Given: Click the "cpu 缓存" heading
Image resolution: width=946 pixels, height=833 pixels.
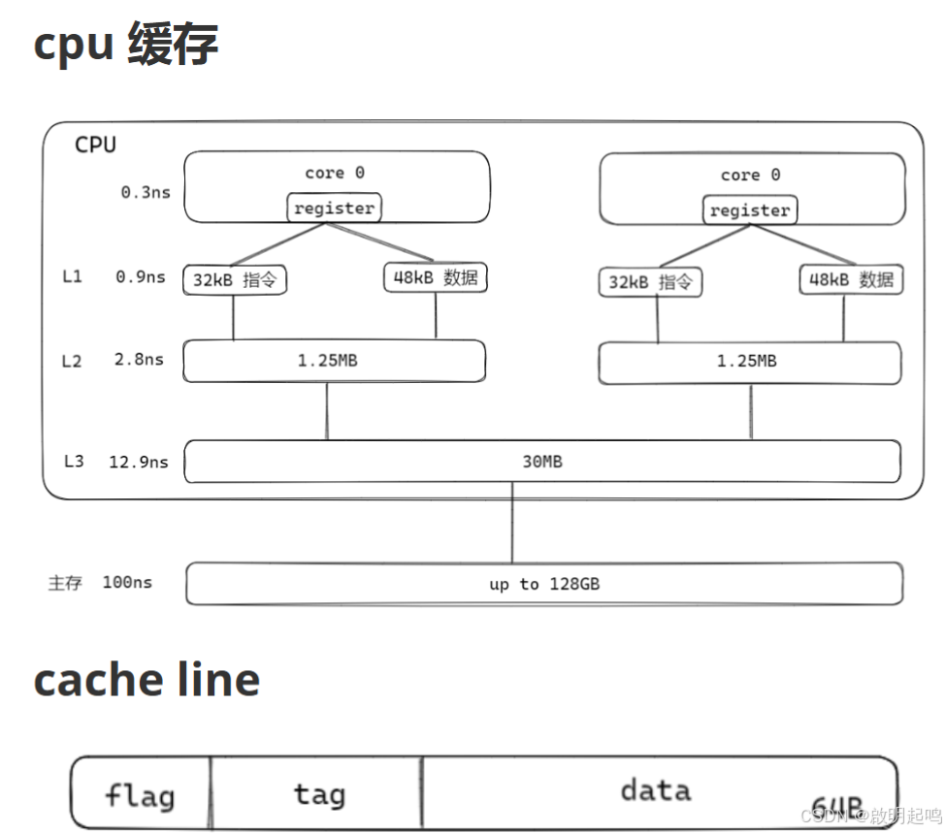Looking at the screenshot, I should [x=126, y=45].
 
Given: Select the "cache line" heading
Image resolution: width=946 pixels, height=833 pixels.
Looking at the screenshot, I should [x=147, y=680].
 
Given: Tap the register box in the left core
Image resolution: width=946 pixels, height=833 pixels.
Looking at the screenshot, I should [x=334, y=208].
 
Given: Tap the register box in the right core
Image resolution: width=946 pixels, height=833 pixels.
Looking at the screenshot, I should [x=749, y=209].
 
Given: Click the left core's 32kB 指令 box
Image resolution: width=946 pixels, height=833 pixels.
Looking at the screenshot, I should [x=236, y=280].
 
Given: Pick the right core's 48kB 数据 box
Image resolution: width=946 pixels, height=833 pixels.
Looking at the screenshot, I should [x=850, y=280].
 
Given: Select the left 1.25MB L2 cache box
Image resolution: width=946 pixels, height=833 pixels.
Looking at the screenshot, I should [x=334, y=361].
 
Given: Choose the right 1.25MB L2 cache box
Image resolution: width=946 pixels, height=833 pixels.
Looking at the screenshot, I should [x=749, y=362].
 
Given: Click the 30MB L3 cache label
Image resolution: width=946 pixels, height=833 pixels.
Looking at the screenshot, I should [x=541, y=462].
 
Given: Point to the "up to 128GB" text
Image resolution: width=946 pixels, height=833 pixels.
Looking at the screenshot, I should [x=543, y=584].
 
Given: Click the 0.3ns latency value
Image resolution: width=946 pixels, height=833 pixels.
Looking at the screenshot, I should [x=145, y=192].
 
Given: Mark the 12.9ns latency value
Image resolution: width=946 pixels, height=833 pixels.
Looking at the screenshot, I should [x=138, y=462].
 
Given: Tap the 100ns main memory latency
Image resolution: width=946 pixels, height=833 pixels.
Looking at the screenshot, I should [x=127, y=583].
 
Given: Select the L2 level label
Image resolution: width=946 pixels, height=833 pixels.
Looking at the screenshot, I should [x=72, y=361].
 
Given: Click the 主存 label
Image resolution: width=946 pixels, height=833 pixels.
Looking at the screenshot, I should [x=65, y=584].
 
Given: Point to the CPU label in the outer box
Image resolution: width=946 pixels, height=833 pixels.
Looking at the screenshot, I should [x=95, y=145].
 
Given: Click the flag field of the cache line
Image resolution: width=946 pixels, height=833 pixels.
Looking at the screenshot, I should [x=140, y=796].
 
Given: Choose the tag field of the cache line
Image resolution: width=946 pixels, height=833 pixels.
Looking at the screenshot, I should [x=319, y=794].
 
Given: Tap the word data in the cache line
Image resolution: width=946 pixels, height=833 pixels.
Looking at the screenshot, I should [x=656, y=789].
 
